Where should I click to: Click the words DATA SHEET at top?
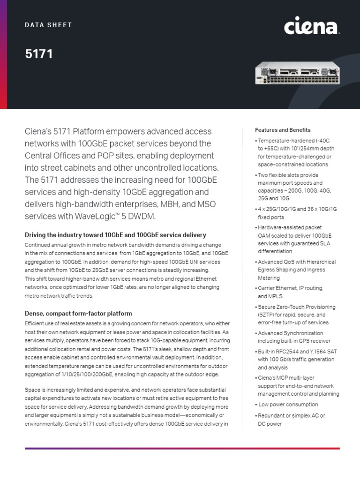[48, 25]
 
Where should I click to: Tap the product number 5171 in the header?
[39, 54]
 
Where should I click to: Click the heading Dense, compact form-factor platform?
[78, 313]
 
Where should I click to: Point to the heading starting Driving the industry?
[115, 235]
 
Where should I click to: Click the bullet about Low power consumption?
[288, 404]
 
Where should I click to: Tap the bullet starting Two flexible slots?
[292, 187]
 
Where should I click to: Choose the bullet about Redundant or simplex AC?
[291, 420]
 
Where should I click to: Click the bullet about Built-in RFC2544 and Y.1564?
[295, 360]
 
